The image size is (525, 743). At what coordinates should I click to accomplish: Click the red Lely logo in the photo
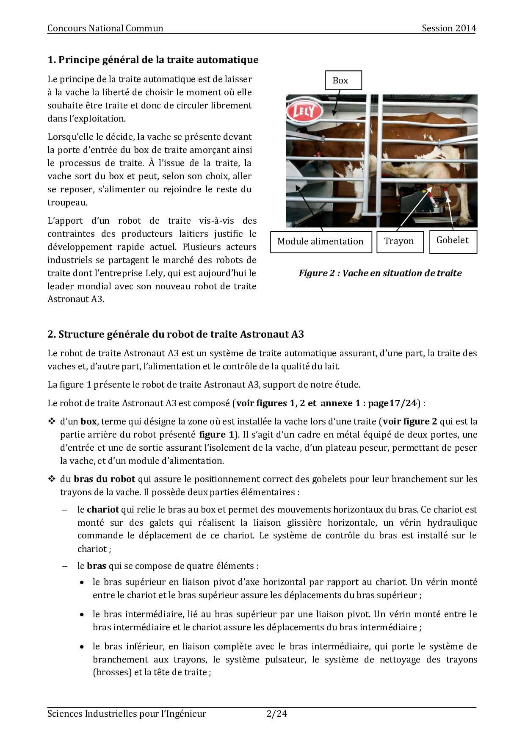pyautogui.click(x=304, y=112)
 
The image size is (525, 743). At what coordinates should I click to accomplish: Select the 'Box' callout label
pyautogui.click(x=343, y=80)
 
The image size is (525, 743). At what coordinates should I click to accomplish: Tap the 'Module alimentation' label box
pyautogui.click(x=321, y=241)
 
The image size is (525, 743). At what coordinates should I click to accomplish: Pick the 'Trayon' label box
pyautogui.click(x=400, y=241)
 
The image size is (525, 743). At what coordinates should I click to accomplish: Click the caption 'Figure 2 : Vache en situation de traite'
pyautogui.click(x=380, y=273)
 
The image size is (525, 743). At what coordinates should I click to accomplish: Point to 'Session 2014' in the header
pyautogui.click(x=449, y=28)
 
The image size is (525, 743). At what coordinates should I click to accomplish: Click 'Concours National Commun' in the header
pyautogui.click(x=105, y=28)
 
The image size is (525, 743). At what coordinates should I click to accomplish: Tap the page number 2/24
pyautogui.click(x=277, y=714)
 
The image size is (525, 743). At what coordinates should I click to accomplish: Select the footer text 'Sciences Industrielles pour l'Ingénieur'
pyautogui.click(x=127, y=714)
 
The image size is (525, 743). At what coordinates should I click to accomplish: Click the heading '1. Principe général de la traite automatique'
pyautogui.click(x=153, y=60)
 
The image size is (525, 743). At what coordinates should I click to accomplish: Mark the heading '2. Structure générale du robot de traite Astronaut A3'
pyautogui.click(x=176, y=334)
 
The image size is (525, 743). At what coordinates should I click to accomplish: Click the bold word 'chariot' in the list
pyautogui.click(x=103, y=510)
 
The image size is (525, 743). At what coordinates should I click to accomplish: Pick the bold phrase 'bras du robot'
pyautogui.click(x=105, y=479)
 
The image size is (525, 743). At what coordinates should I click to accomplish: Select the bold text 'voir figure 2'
pyautogui.click(x=410, y=421)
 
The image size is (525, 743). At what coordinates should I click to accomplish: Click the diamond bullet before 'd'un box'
pyautogui.click(x=52, y=421)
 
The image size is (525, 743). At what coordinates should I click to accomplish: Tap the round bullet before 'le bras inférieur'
pyautogui.click(x=82, y=647)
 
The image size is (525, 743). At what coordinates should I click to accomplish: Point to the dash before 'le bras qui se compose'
pyautogui.click(x=65, y=566)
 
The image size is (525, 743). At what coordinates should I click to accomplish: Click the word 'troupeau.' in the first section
pyautogui.click(x=67, y=202)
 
